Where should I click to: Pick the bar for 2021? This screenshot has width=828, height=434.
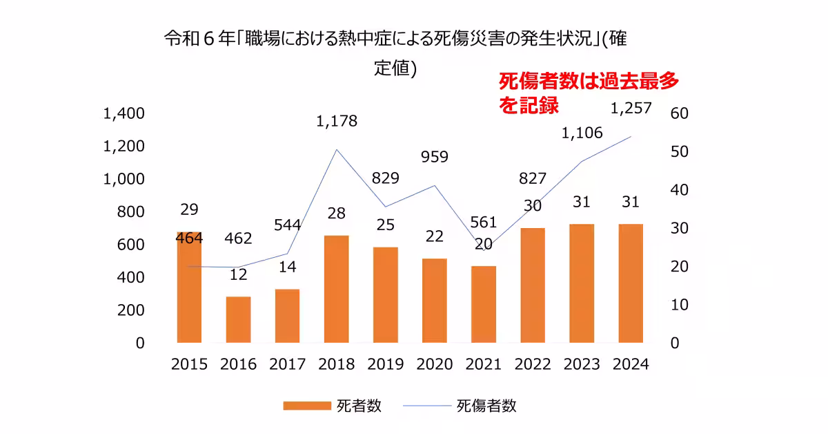484,304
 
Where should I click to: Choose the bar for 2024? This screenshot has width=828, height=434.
631,283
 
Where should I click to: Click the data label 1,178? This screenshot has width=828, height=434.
337,122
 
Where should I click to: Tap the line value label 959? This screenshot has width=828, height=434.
434,157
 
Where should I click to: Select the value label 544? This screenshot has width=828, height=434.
287,225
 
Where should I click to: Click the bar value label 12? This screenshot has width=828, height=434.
238,274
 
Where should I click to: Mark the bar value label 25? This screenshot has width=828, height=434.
385,225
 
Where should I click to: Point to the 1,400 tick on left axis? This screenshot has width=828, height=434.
124,113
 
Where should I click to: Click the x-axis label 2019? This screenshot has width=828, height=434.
385,364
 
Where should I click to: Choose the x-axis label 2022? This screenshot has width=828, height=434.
532,364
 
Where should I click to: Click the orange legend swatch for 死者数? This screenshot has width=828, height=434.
306,406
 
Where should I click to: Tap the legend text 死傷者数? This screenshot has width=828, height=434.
486,406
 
